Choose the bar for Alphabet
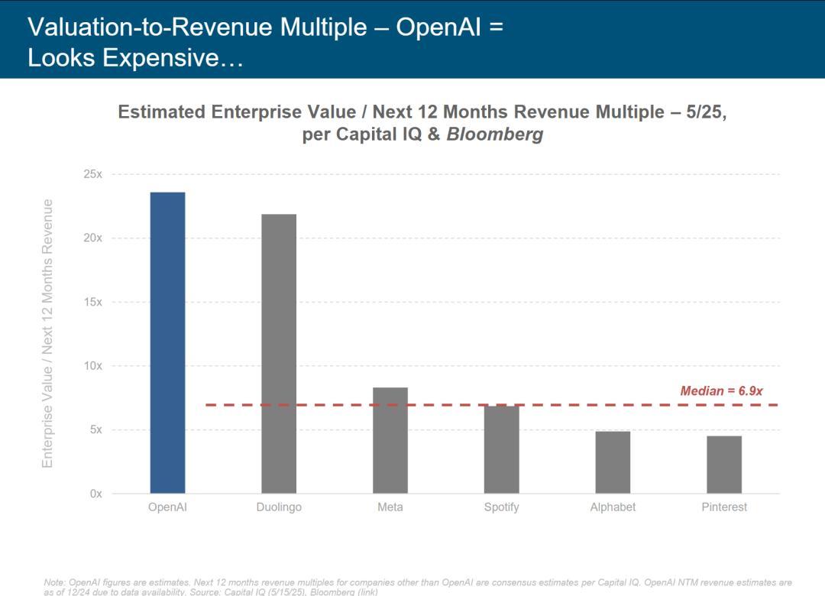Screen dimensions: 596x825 tap(613, 462)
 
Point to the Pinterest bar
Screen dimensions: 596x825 tap(724, 465)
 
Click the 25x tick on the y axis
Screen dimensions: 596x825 tap(93, 174)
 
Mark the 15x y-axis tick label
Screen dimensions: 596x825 tap(93, 302)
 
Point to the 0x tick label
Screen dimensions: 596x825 tap(95, 494)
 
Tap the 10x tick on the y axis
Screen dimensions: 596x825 tap(93, 366)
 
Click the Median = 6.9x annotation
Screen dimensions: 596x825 tap(721, 391)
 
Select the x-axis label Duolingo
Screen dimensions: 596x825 tap(279, 507)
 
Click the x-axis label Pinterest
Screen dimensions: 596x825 tap(724, 507)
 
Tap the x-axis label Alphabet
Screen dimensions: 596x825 tap(613, 507)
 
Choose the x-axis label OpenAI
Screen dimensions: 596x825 tap(167, 507)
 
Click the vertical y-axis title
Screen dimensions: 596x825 tap(48, 333)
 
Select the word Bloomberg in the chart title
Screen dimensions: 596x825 tap(495, 134)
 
